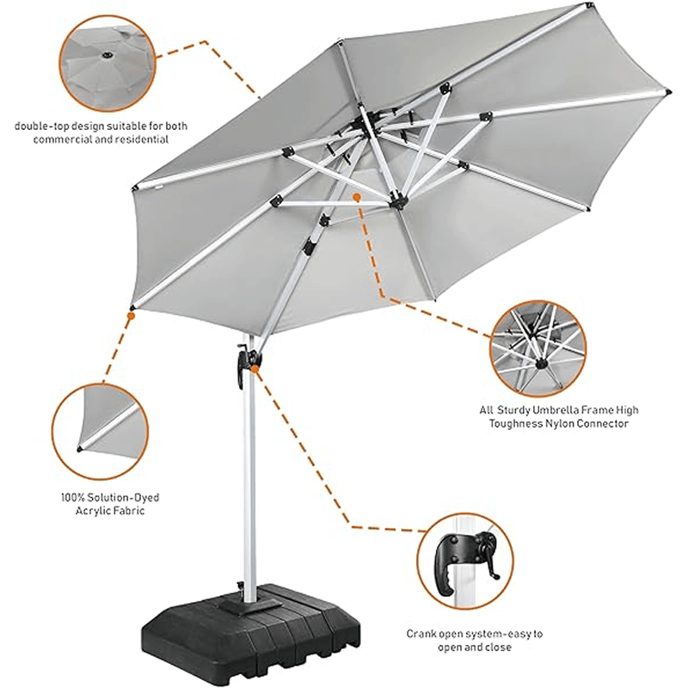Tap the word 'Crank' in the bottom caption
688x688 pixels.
pos(423,634)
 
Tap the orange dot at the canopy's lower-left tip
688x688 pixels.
pos(130,316)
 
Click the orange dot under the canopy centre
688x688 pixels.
pos(356,197)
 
